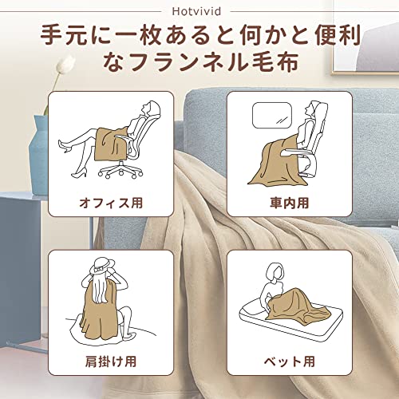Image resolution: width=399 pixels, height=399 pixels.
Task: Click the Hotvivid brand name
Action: pos(196,11)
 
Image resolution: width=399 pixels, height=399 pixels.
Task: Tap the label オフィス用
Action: pos(111,203)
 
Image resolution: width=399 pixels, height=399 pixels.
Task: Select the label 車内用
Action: pos(290,203)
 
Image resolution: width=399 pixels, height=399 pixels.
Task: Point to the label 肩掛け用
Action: pos(111,361)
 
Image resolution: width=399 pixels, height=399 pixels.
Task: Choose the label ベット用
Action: pos(290,361)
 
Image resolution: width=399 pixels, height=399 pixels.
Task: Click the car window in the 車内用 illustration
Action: pos(272,115)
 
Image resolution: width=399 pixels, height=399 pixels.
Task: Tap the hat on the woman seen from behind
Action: pos(102,265)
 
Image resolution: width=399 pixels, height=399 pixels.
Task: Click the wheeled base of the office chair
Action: pos(120,169)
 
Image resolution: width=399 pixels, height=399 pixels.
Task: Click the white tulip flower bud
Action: pos(65,63)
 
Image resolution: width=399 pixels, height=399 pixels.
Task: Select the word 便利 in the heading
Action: pos(338,35)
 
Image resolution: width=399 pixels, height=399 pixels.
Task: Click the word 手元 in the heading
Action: pos(63,35)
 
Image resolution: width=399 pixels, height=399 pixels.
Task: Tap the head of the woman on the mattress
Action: pos(275,274)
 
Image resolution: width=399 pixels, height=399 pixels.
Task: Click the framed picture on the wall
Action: pos(365,38)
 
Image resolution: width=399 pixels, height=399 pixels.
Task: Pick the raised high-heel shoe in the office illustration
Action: pos(65,147)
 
